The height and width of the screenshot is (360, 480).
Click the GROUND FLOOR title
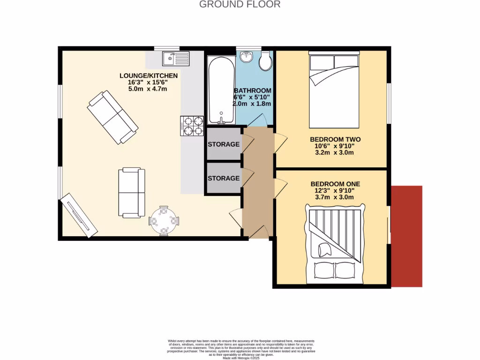coord(240,5)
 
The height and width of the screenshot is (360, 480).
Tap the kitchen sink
coord(175,59)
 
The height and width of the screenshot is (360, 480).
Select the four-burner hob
coord(191,126)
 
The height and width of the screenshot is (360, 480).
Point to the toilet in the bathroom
coord(266,61)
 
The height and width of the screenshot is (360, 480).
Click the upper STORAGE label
coord(224,144)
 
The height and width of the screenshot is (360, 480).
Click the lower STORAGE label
coord(224,179)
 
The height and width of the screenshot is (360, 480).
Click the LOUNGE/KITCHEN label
coord(149,76)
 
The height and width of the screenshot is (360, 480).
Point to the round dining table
coord(164,220)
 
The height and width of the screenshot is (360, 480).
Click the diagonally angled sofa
coord(112,118)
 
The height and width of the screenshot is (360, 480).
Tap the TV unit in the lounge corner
coord(78,215)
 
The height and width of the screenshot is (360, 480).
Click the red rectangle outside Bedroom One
coord(407,236)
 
